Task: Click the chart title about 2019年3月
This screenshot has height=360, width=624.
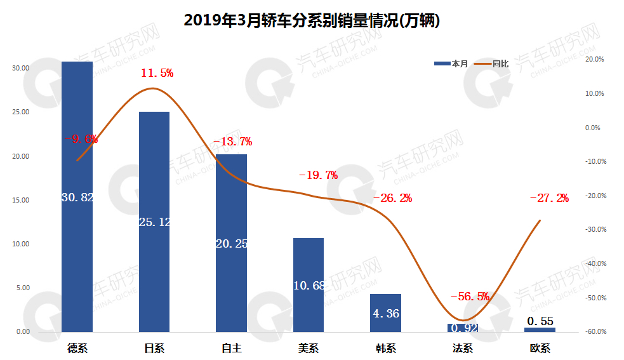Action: coord(312,20)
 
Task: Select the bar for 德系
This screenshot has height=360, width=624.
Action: coord(77,254)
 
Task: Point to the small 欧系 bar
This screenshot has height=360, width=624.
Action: coord(540,330)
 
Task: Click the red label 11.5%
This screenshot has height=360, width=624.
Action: coord(157,73)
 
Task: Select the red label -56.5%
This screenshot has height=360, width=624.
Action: coord(469,297)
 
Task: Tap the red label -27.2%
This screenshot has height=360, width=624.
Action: coord(549,198)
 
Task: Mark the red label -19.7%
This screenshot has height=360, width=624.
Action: coord(318,175)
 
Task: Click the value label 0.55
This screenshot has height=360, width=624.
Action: coord(540,321)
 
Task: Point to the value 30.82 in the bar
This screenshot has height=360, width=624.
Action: coord(77,197)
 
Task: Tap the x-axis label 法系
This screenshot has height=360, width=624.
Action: coord(463,348)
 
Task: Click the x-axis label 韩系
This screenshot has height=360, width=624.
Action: coord(385,348)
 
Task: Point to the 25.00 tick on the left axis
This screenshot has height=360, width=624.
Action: coord(21,112)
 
